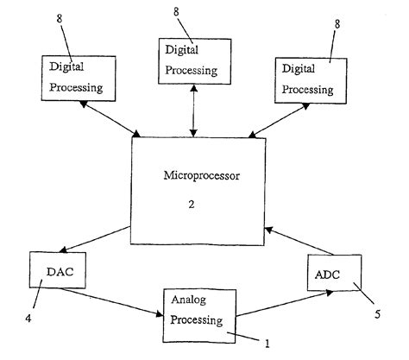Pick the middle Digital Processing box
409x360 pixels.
[x=194, y=60]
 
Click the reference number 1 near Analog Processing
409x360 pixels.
[x=267, y=344]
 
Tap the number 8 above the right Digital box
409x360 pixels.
[x=334, y=22]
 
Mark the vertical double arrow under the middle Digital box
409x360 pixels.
[x=194, y=110]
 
